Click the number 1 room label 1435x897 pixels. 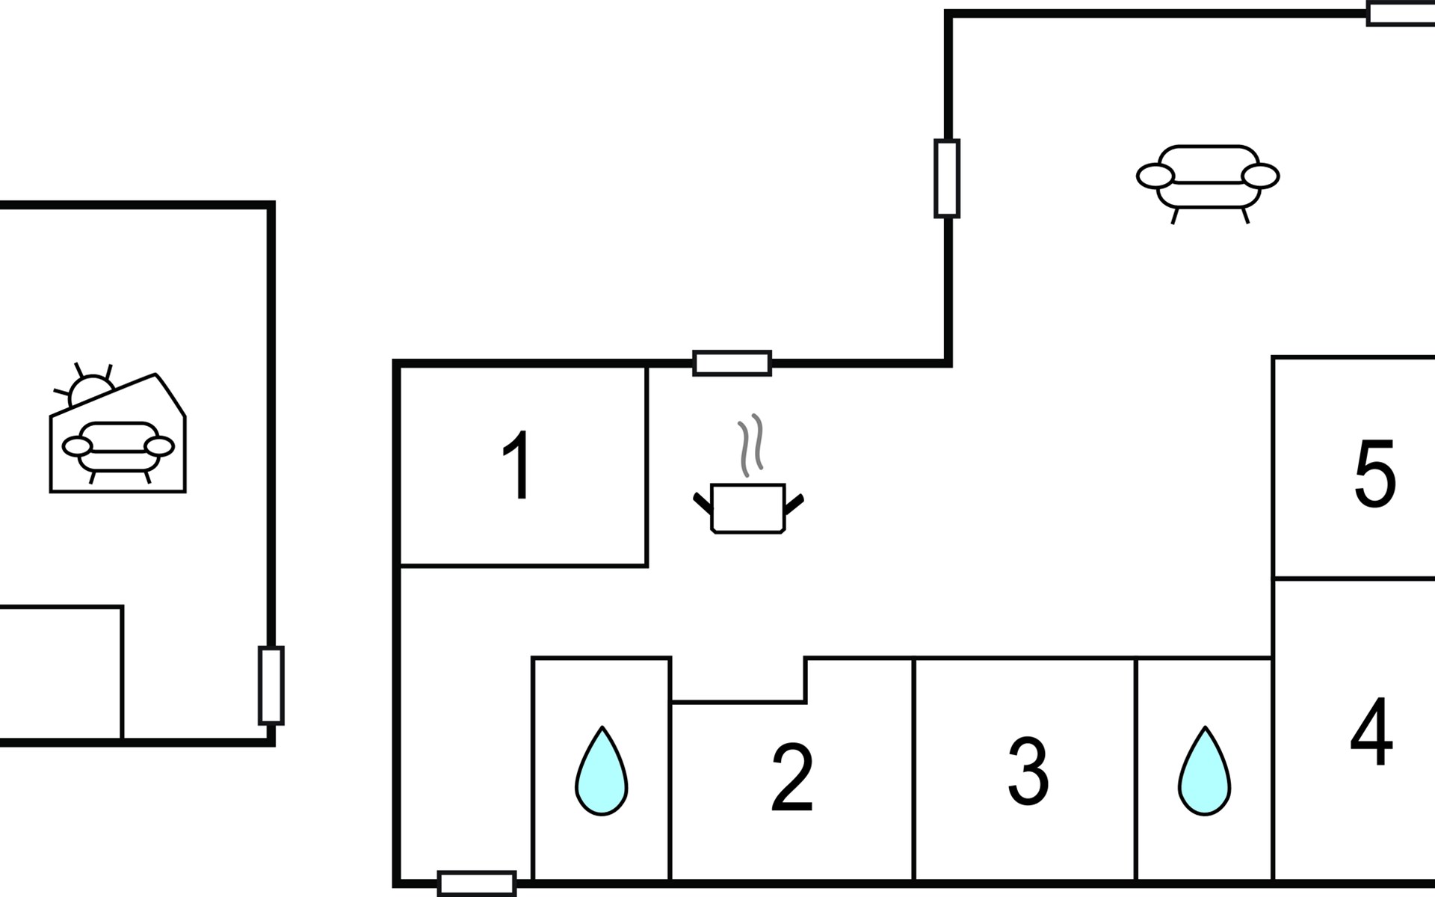(517, 465)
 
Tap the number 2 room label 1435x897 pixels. (792, 777)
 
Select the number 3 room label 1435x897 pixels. (1028, 771)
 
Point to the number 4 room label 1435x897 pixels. (1371, 732)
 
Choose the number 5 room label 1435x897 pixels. (1375, 474)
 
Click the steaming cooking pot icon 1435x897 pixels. (748, 474)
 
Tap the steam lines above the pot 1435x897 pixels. (751, 445)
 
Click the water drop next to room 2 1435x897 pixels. (602, 771)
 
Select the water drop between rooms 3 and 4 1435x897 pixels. (1205, 771)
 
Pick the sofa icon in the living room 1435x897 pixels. (1208, 184)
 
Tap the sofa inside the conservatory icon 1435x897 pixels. (118, 451)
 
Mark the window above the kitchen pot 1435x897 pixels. (732, 363)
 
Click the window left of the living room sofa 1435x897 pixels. (947, 179)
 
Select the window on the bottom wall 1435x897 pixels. (477, 884)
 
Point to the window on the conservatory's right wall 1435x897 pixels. (271, 685)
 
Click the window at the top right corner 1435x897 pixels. (1401, 13)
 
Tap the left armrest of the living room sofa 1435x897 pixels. (1155, 176)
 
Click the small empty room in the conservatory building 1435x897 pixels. (60, 673)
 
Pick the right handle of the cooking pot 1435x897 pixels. (794, 505)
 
